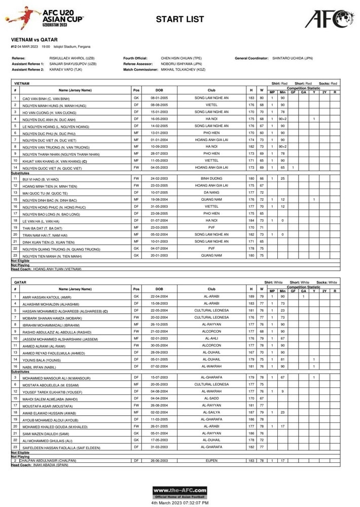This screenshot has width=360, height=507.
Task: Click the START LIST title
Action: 180,20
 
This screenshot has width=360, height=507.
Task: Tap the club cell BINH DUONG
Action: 211,179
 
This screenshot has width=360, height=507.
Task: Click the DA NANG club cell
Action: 211,193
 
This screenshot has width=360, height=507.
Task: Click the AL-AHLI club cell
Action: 211,338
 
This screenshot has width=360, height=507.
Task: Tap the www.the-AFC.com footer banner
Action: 180,493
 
